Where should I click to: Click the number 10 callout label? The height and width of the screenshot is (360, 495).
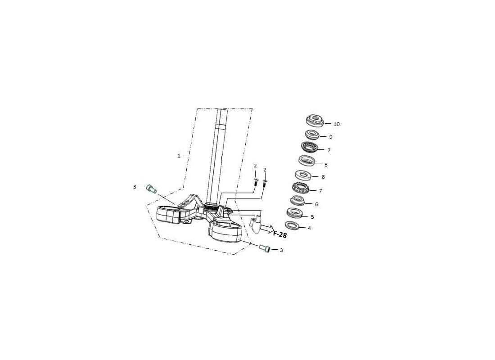pos(337,124)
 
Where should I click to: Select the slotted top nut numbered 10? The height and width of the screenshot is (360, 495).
pos(315,120)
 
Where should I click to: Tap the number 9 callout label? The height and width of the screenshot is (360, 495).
pos(331,137)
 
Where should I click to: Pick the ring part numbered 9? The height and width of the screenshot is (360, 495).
pos(312,135)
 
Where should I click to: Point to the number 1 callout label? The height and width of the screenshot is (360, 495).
pos(179,156)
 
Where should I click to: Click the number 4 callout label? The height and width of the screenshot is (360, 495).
pos(310,228)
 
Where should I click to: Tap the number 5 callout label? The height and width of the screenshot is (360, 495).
pos(313,217)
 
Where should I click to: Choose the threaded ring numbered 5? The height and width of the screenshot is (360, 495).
pos(295,212)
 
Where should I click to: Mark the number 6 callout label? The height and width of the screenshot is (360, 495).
pos(317,204)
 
